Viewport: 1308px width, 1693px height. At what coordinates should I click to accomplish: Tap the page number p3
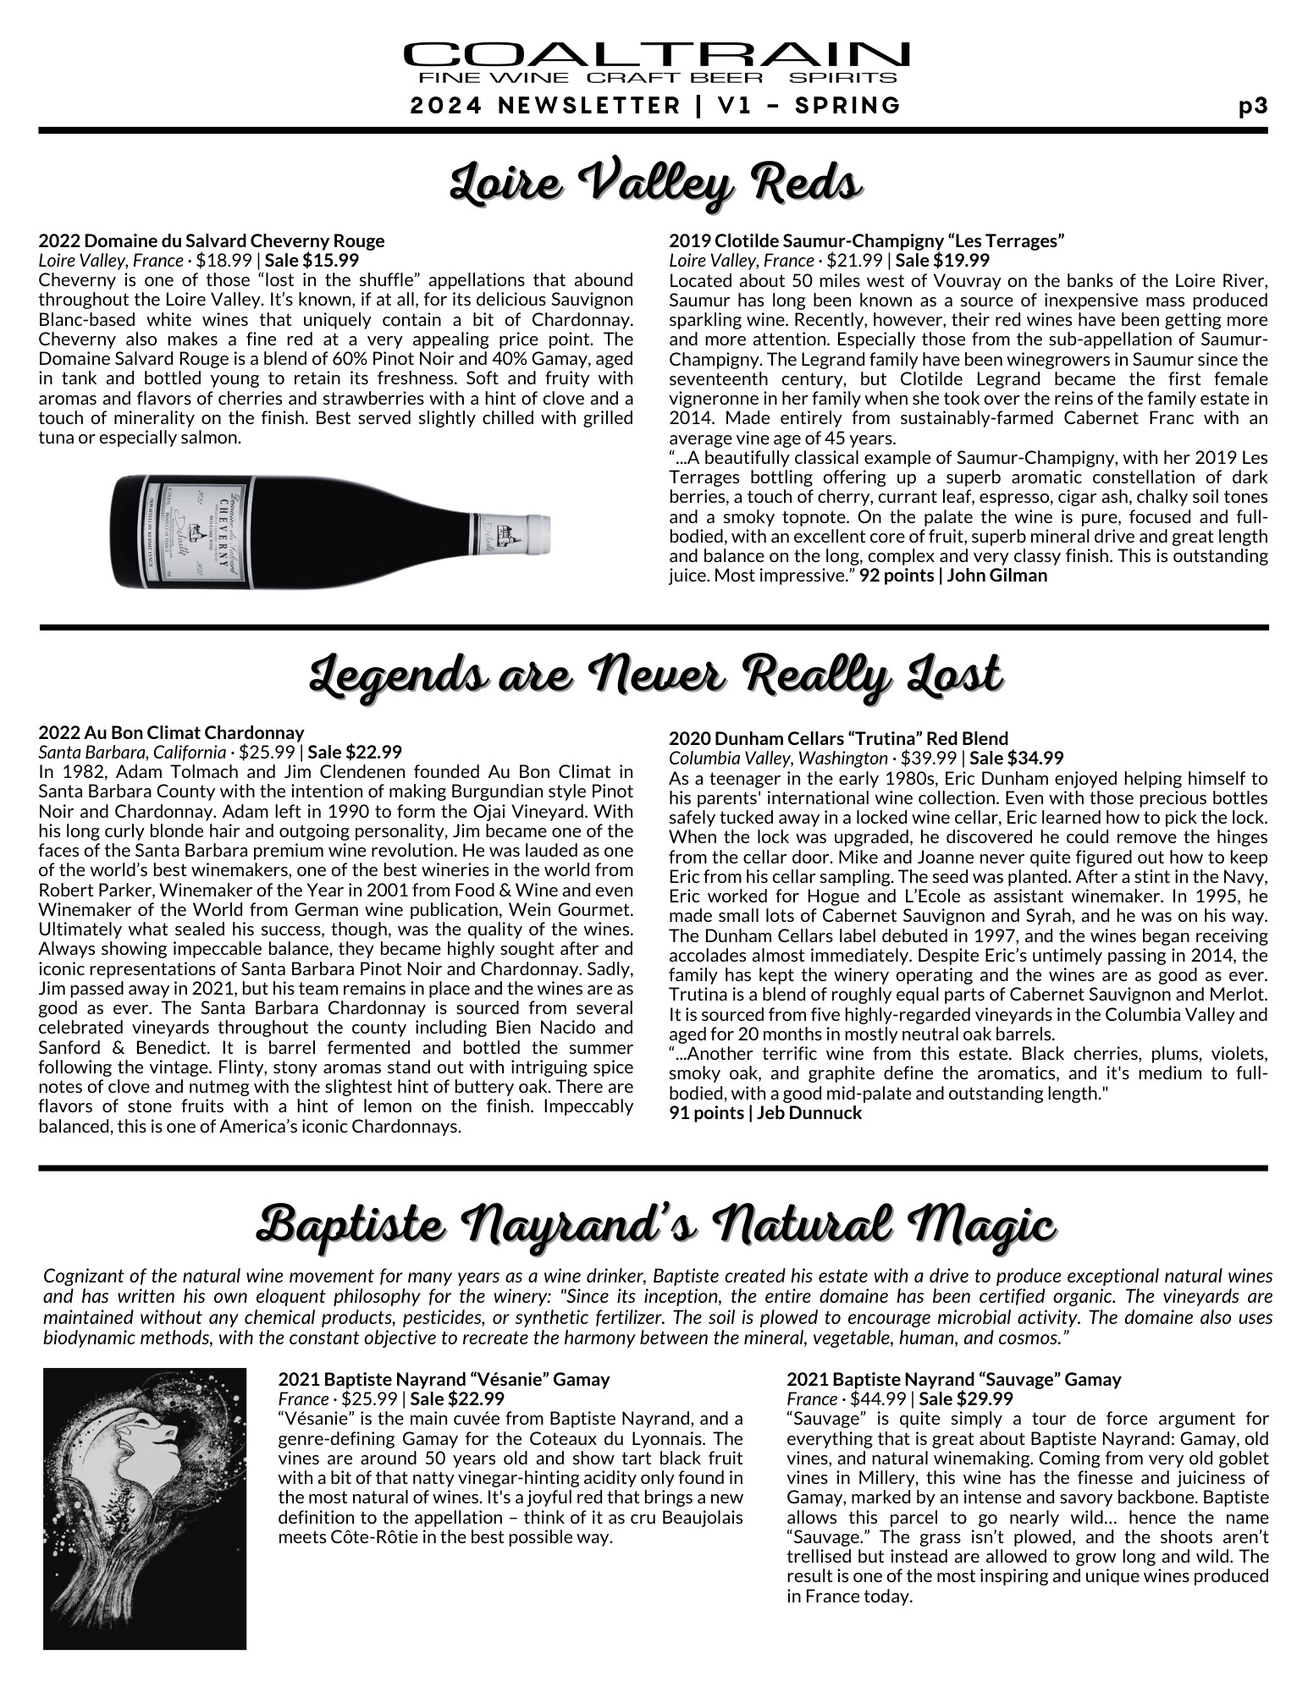(x=1252, y=107)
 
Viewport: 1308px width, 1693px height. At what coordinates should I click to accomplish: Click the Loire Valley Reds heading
(x=655, y=180)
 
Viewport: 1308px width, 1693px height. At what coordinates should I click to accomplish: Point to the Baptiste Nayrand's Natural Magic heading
(x=655, y=1225)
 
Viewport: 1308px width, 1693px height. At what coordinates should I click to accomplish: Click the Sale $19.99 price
(x=942, y=261)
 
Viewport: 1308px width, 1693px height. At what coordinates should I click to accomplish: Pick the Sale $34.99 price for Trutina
(x=1016, y=758)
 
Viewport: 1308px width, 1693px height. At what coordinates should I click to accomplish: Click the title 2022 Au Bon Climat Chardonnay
(x=171, y=732)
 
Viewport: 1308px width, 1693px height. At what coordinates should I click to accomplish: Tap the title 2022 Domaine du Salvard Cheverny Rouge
(x=212, y=241)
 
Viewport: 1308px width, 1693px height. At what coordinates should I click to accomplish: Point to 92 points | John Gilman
(x=953, y=576)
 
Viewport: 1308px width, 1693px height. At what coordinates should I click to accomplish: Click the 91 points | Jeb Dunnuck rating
(x=764, y=1113)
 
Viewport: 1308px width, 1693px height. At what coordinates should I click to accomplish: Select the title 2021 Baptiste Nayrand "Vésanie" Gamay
(x=444, y=1380)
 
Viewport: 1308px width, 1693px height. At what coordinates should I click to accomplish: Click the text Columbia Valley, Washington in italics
(x=777, y=758)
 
